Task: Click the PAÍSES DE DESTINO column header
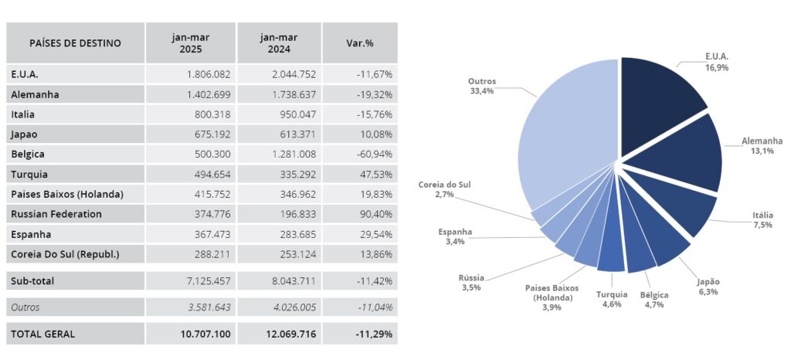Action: (75, 43)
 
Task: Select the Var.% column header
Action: (359, 43)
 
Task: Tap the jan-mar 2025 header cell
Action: (191, 43)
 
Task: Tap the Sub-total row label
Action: (33, 280)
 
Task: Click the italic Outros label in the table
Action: (26, 307)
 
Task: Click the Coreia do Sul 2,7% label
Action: (444, 190)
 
